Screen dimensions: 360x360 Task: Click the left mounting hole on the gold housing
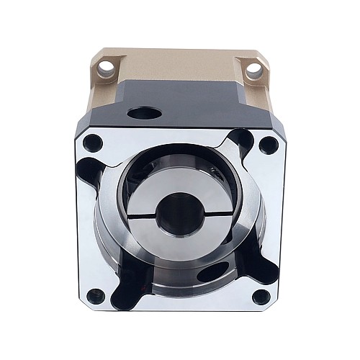[107, 68]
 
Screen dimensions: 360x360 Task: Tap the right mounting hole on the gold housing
[253, 70]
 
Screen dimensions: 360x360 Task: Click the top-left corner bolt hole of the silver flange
[91, 142]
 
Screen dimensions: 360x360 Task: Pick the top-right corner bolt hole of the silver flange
[268, 143]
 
